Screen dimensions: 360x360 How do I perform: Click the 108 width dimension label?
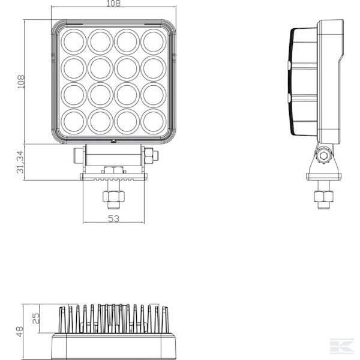pyautogui.click(x=113, y=4)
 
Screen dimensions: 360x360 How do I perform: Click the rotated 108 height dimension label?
pyautogui.click(x=21, y=81)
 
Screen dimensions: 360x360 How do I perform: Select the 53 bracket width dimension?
pyautogui.click(x=113, y=218)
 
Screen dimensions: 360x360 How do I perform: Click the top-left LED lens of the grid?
pyautogui.click(x=74, y=41)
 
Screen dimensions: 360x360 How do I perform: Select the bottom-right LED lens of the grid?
pyautogui.click(x=154, y=121)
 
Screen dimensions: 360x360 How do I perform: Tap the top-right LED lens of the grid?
pyautogui.click(x=154, y=41)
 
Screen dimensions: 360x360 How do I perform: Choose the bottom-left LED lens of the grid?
pyautogui.click(x=74, y=121)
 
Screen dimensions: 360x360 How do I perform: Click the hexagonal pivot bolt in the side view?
pyautogui.click(x=324, y=155)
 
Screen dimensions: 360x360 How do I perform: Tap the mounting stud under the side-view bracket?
pyautogui.click(x=324, y=197)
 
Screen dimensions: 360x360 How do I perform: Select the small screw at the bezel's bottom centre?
pyautogui.click(x=113, y=142)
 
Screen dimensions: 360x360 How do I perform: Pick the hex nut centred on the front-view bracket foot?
pyautogui.click(x=113, y=170)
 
